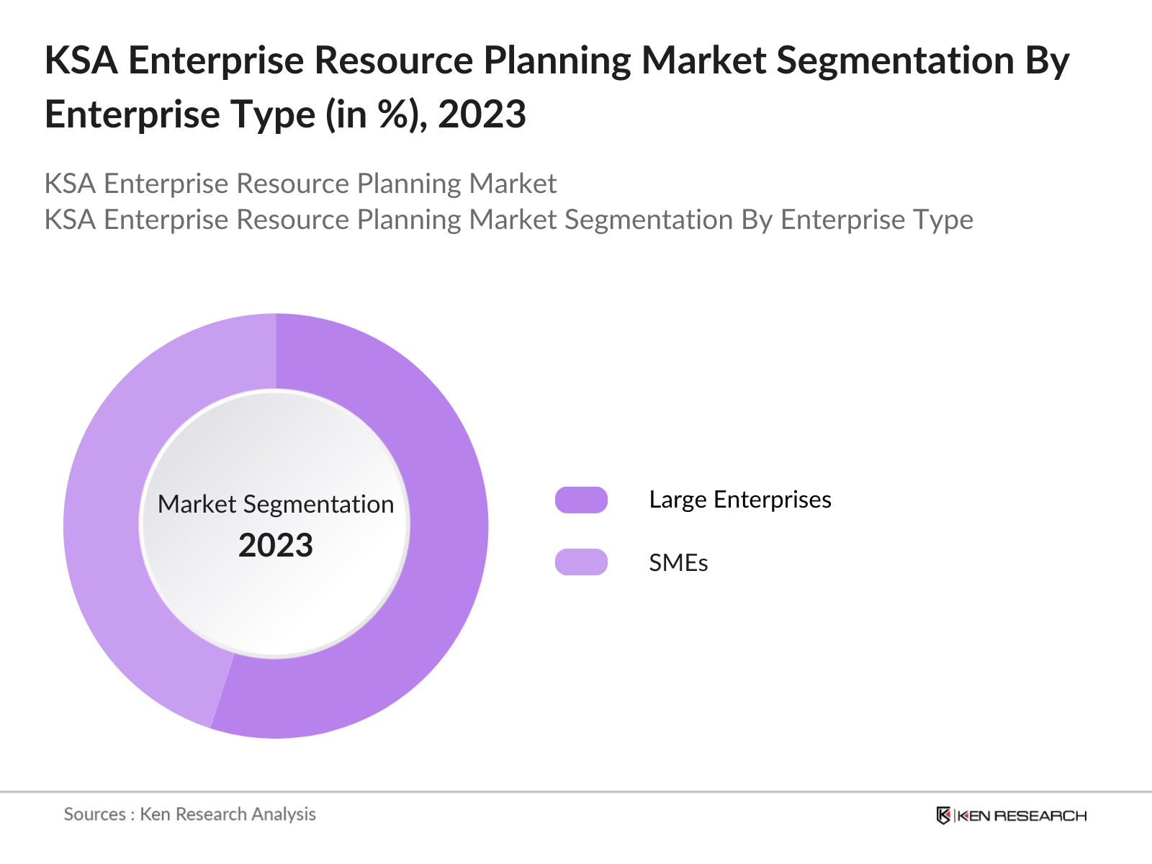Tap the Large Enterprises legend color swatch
pos(581,500)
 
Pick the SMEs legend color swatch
pos(581,562)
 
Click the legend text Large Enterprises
pos(739,500)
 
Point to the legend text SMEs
pos(678,563)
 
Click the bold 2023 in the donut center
pos(276,546)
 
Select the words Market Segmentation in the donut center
pos(276,504)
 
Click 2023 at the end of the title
pos(482,114)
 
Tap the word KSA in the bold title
pos(81,60)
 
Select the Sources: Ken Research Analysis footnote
pos(190,814)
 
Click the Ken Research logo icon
pos(943,816)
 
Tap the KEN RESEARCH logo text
pos(1021,816)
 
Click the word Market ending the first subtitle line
pos(513,184)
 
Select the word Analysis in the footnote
pos(283,814)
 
